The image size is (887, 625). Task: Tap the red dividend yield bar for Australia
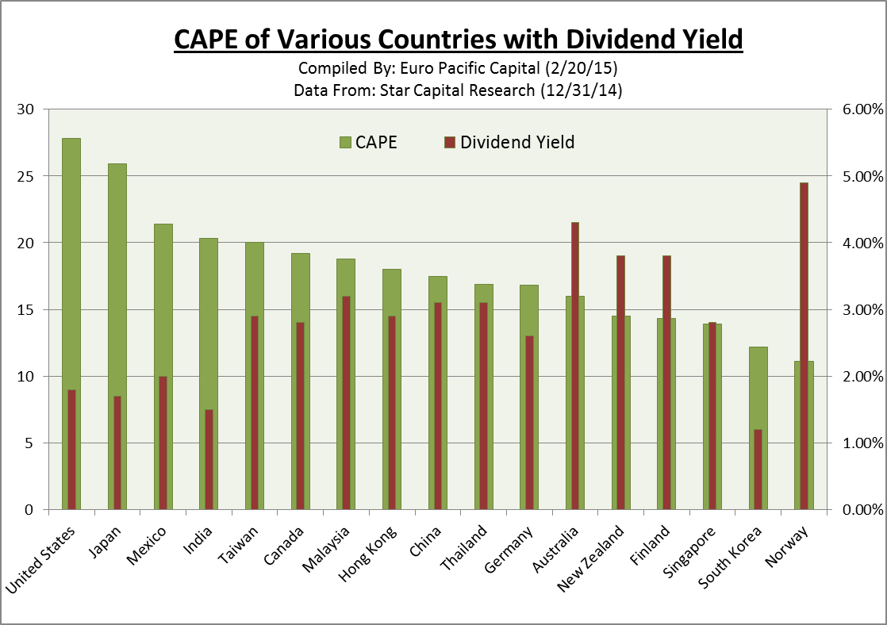(x=575, y=365)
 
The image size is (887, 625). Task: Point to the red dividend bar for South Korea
(x=758, y=469)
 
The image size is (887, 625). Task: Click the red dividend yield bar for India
(x=209, y=459)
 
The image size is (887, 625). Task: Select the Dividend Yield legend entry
(x=509, y=143)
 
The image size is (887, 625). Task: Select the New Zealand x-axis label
(x=591, y=559)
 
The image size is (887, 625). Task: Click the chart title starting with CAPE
(x=458, y=38)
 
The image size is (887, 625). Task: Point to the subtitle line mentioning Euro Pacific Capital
(x=458, y=68)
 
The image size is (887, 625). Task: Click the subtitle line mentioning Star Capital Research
(x=458, y=90)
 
